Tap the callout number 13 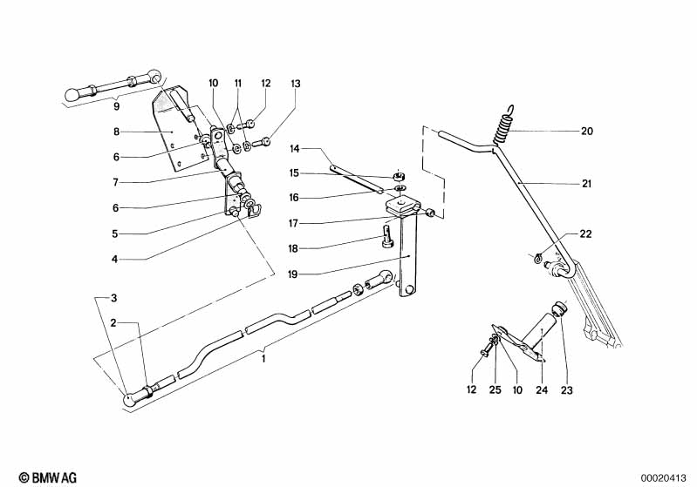tap(295, 84)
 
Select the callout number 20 tap(587, 132)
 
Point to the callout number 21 tap(587, 184)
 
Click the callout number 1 tap(265, 355)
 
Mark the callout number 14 tap(295, 150)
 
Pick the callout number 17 tap(295, 222)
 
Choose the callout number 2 tap(113, 322)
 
